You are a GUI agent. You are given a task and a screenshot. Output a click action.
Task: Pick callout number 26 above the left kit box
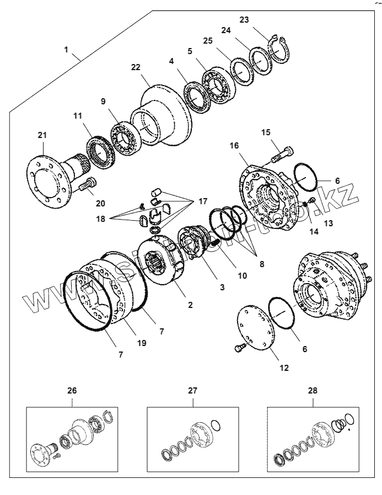click(x=72, y=390)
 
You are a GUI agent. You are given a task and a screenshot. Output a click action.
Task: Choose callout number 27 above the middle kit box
click(x=192, y=390)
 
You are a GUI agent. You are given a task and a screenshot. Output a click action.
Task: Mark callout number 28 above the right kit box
click(x=313, y=390)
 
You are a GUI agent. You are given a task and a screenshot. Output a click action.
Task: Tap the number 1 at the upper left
click(x=66, y=49)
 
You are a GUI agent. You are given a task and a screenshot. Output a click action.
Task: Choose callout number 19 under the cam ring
click(x=142, y=343)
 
